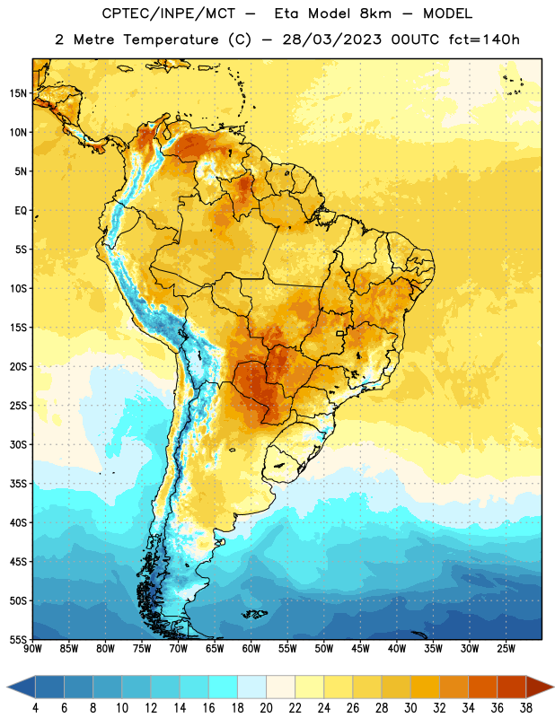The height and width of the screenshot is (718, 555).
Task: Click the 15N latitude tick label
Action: click(x=18, y=93)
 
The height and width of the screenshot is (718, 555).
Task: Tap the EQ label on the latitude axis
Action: click(x=21, y=211)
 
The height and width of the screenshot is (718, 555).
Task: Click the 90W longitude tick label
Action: click(x=32, y=649)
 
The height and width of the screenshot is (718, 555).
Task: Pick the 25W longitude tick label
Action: click(x=507, y=649)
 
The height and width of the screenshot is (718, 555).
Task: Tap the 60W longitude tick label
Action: click(x=251, y=649)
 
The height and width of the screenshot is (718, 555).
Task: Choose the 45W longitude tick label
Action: click(x=361, y=649)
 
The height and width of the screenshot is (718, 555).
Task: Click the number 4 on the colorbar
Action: click(x=35, y=708)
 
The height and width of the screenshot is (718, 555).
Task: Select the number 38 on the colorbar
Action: click(x=526, y=708)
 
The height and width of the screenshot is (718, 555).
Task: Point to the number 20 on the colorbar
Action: click(x=266, y=708)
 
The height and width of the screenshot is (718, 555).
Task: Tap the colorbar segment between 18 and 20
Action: click(x=252, y=687)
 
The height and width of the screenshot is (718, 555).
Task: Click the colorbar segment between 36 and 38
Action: click(x=512, y=687)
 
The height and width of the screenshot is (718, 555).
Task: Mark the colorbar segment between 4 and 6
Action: click(x=49, y=687)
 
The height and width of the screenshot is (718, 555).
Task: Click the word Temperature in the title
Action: click(x=171, y=39)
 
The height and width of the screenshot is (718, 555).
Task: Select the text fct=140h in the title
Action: click(x=484, y=39)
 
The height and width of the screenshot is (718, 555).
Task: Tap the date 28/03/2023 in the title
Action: click(x=331, y=39)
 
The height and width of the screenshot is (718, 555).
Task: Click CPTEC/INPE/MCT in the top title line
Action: click(x=168, y=13)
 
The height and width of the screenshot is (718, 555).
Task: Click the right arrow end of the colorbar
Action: click(x=540, y=687)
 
